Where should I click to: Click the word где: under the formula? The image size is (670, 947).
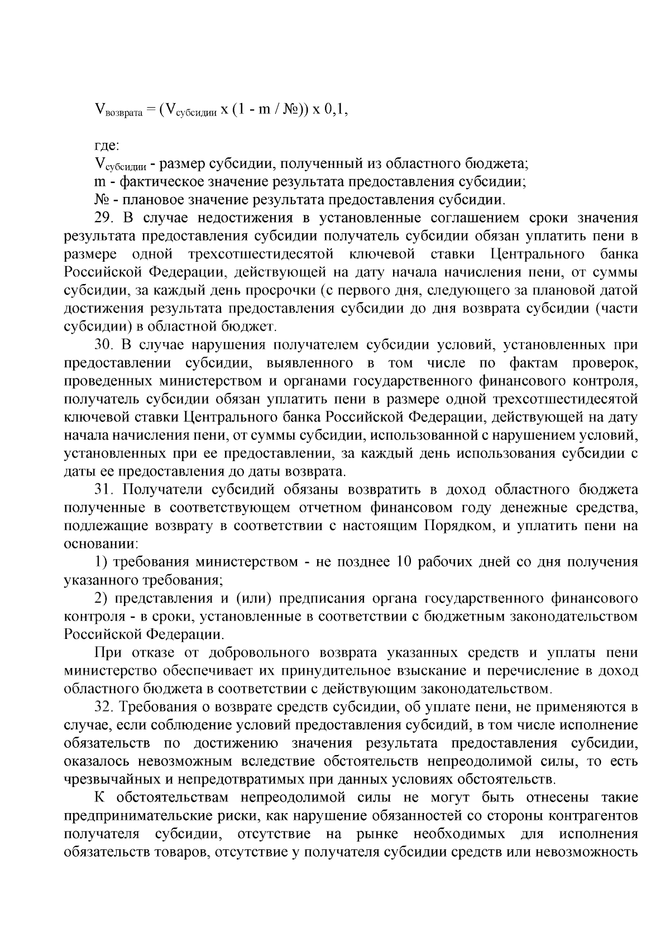106,146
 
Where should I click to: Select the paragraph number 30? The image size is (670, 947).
104,345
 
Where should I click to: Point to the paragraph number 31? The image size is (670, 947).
104,490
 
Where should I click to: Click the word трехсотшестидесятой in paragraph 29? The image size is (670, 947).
261,254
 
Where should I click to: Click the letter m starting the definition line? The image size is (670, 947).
98,182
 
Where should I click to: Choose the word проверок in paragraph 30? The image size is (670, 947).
605,363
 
